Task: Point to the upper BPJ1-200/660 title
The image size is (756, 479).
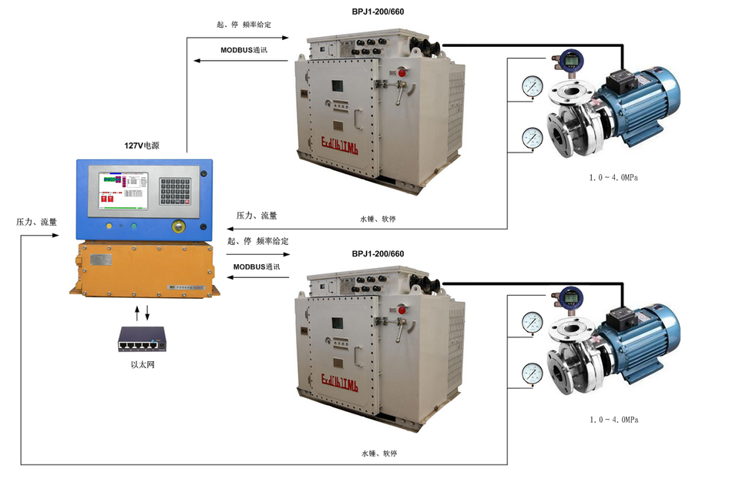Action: (378, 12)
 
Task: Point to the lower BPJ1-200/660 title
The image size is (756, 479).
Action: (378, 254)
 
